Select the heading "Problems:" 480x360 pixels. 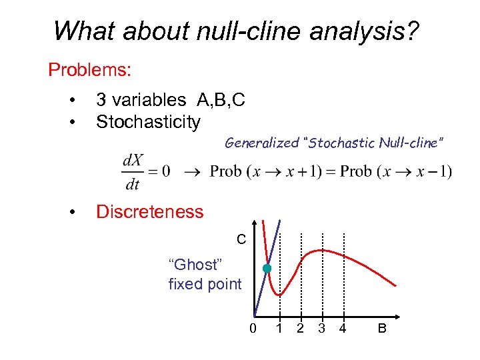tap(89, 69)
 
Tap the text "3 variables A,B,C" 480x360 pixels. tap(171, 100)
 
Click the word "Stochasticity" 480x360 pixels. tap(148, 122)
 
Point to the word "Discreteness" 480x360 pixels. tap(149, 212)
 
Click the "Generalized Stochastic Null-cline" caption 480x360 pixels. tap(334, 142)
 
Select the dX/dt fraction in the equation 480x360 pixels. tap(132, 171)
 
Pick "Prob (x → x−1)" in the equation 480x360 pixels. tap(397, 171)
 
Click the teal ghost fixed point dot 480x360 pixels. tap(267, 269)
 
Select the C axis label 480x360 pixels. tap(241, 238)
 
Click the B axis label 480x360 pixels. tap(382, 328)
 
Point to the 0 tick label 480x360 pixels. tap(253, 328)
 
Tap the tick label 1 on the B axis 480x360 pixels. tap(280, 328)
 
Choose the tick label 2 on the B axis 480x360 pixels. tap(301, 328)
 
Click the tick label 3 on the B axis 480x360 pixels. tap(321, 328)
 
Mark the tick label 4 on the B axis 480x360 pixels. tap(343, 328)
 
